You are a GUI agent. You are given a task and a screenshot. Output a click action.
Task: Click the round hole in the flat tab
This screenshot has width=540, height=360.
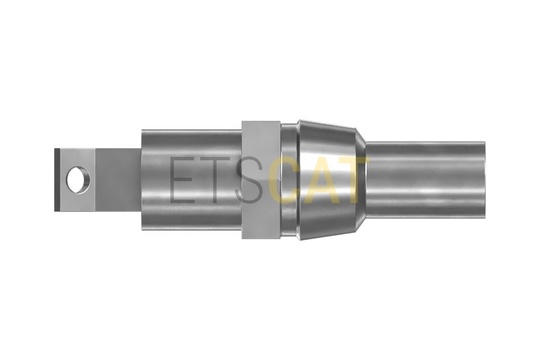78,180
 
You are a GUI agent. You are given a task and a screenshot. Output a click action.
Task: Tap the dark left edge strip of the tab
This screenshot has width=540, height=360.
57,180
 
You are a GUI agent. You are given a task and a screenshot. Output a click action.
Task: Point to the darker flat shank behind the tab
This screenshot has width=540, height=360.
118,180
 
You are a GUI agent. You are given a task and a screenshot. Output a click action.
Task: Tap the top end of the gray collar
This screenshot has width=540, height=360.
261,122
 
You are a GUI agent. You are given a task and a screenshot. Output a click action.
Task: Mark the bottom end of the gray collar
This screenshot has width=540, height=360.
261,238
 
